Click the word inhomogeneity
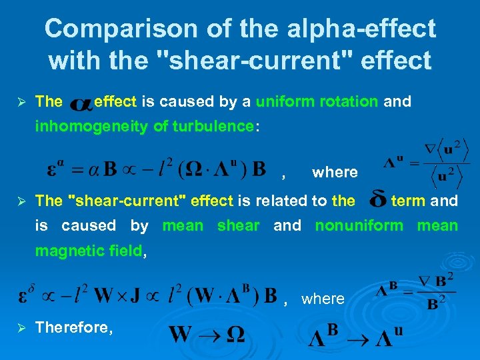pyautogui.click(x=85, y=127)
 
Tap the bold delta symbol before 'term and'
pyautogui.click(x=377, y=201)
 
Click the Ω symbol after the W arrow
pyautogui.click(x=235, y=335)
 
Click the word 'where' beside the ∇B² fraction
pyautogui.click(x=323, y=299)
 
